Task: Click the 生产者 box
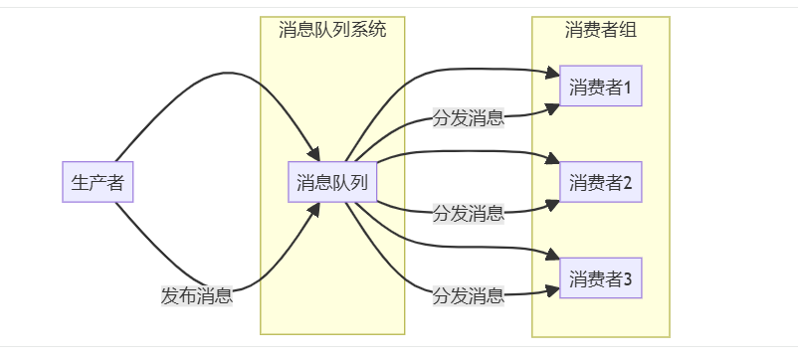[98, 182]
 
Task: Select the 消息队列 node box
[332, 182]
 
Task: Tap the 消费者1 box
[601, 88]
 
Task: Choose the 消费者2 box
[601, 182]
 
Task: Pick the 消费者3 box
[601, 277]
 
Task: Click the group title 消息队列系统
[332, 29]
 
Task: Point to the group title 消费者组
[601, 29]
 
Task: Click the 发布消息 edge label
[197, 295]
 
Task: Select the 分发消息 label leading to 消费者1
[468, 119]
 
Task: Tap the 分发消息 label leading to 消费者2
[468, 213]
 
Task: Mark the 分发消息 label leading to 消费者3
[468, 295]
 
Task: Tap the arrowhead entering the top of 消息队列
[313, 154]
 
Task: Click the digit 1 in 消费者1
[628, 89]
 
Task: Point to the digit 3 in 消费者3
[628, 278]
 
